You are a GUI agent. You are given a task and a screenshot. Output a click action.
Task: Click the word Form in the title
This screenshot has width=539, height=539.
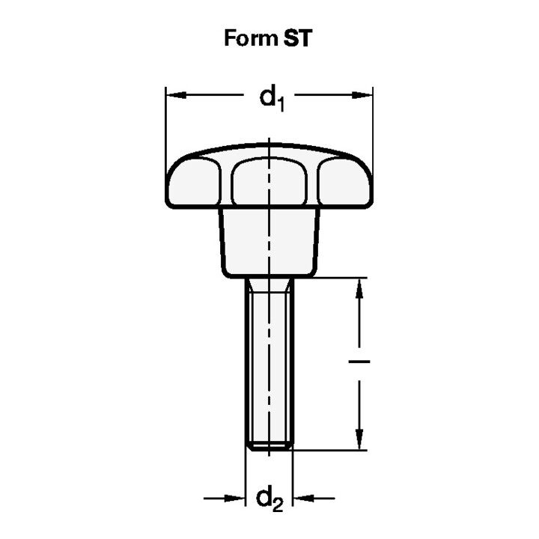(250, 38)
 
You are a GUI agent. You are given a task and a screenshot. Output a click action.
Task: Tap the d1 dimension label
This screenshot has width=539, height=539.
(269, 97)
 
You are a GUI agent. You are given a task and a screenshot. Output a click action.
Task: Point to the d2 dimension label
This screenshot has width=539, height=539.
(269, 499)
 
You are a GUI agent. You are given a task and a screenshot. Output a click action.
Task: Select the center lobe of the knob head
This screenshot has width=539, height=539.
(269, 183)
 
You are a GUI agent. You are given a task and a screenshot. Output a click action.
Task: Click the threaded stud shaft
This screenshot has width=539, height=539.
(269, 359)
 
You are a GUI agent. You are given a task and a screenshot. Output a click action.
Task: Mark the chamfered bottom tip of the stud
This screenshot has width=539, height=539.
(269, 447)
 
